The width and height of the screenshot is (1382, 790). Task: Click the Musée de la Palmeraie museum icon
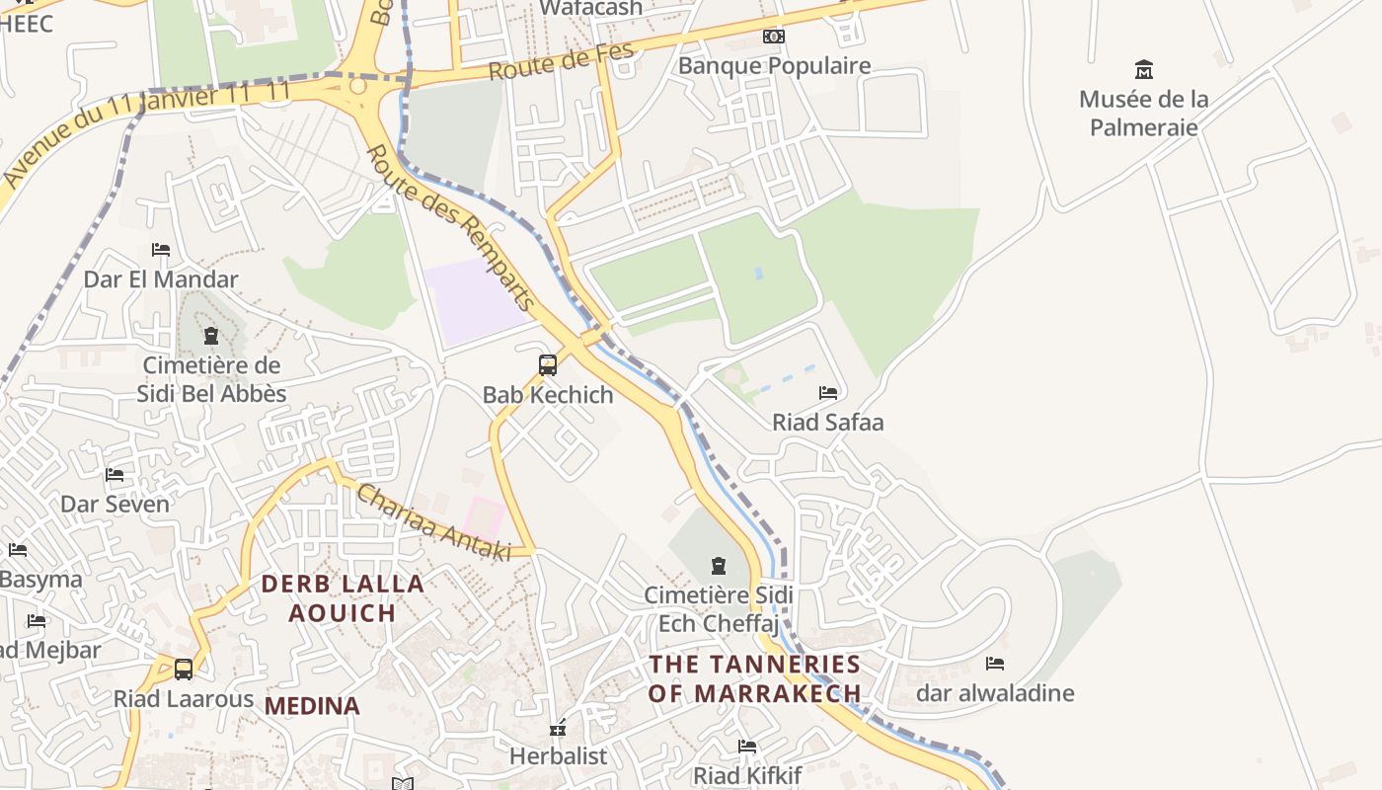[1144, 69]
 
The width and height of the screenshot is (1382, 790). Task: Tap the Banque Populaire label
[774, 66]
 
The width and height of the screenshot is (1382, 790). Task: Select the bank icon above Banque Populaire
[774, 37]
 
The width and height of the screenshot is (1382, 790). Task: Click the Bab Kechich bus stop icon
[548, 364]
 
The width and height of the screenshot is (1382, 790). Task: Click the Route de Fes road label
[560, 64]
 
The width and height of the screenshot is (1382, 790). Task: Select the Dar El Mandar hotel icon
[161, 250]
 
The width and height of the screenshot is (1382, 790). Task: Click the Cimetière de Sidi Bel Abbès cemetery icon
[210, 336]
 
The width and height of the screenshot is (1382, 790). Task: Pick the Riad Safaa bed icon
[828, 393]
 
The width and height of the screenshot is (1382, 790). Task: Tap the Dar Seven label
[115, 504]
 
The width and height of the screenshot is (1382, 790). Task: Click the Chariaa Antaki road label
[433, 522]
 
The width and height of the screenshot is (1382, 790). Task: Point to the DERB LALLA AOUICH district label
[343, 598]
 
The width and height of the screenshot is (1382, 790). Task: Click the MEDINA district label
[312, 706]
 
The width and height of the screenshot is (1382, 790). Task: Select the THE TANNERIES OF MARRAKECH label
[754, 678]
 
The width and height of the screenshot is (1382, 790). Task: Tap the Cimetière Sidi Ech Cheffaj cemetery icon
[718, 566]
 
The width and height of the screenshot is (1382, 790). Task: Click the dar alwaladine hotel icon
[995, 664]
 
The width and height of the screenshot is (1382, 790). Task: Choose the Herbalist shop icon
[558, 729]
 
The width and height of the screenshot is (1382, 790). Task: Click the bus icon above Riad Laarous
[184, 670]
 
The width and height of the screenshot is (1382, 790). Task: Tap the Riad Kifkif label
[746, 775]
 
